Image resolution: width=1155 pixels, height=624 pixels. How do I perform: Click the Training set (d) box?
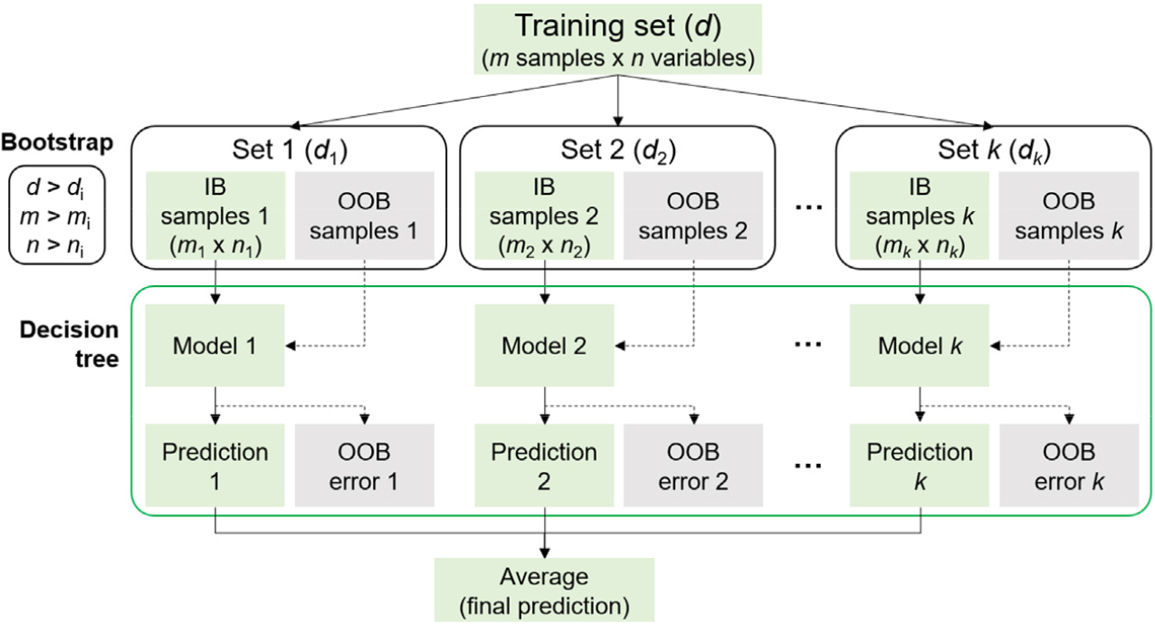617,39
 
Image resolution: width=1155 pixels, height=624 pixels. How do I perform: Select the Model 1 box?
215,345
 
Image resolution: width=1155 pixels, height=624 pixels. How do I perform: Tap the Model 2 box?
544,345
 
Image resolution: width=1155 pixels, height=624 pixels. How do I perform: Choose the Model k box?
920,345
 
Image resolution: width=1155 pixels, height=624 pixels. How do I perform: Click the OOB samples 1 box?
365,216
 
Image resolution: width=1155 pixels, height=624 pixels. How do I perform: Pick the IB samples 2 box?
544,216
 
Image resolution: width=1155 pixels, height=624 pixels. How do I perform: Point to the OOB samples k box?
1069,216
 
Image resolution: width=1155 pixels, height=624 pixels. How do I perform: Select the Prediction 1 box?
215,466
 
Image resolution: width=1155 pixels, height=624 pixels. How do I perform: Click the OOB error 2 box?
693,466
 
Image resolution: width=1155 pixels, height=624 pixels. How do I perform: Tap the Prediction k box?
920,466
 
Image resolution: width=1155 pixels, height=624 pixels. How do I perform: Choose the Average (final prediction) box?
544,590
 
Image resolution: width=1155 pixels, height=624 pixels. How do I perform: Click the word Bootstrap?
57,143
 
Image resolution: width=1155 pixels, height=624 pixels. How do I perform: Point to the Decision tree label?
69,344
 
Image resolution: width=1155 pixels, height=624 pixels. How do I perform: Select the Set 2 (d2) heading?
618,150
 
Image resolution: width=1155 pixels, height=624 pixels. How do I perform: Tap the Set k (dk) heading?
994,150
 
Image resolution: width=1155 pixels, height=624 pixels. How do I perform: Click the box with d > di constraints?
57,215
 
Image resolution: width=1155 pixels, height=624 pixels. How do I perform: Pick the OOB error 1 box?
365,466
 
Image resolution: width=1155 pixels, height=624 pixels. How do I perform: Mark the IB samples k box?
920,216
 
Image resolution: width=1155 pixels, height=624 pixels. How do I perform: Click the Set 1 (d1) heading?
290,150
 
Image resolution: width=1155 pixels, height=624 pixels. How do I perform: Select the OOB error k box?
1069,466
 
